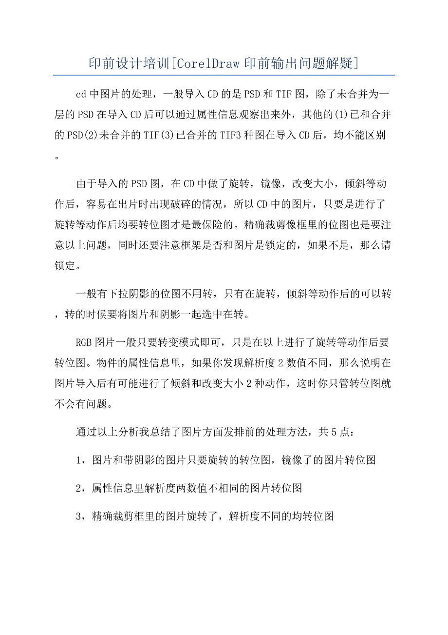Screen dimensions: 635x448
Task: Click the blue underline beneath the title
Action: [224, 75]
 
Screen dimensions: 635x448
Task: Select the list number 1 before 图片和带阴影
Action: [79, 460]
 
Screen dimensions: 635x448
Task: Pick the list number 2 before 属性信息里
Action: [79, 488]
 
